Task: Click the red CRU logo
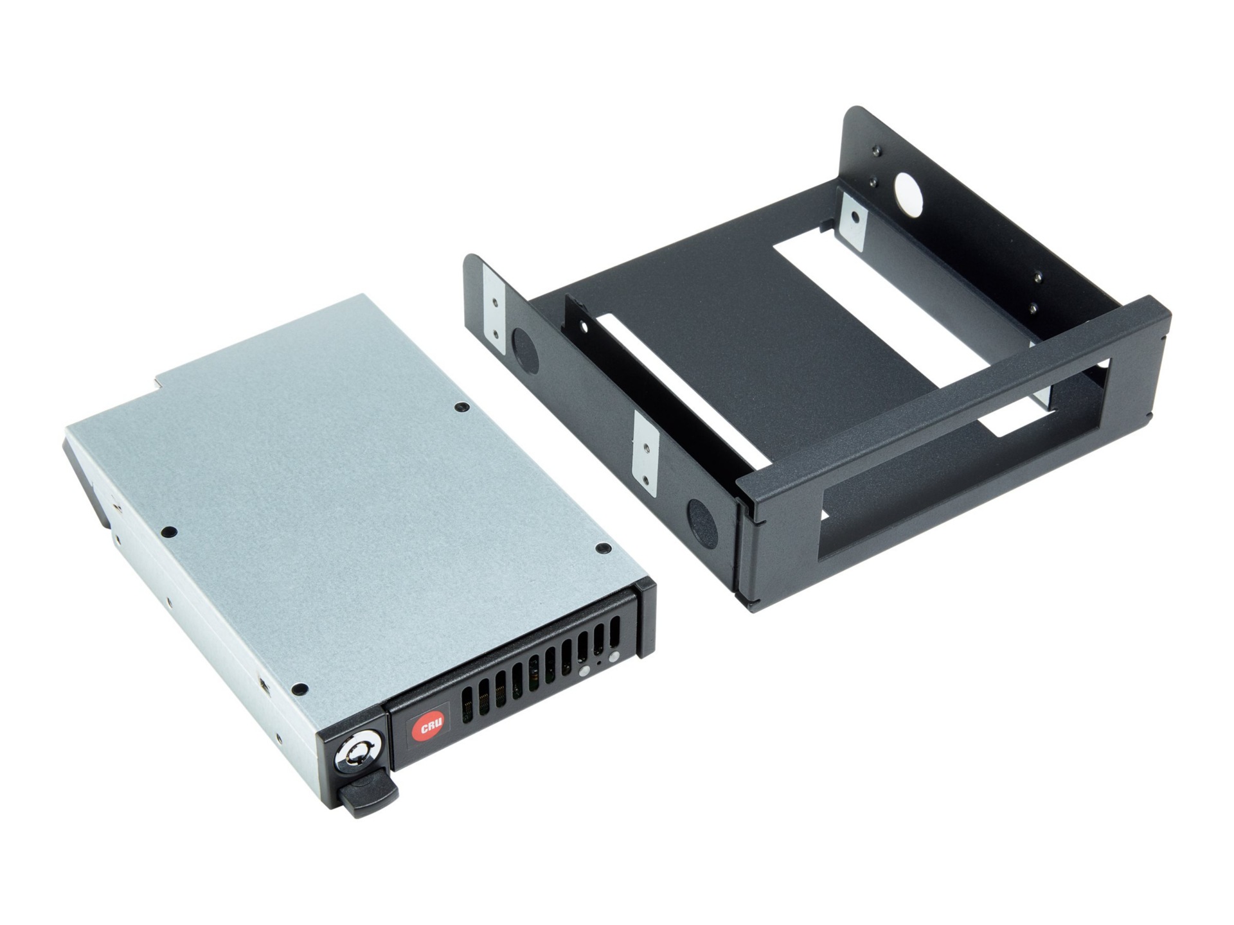pyautogui.click(x=427, y=728)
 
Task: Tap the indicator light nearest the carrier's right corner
pyautogui.click(x=614, y=656)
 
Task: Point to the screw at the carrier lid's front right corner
pyautogui.click(x=602, y=547)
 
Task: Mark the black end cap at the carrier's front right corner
pyautogui.click(x=645, y=617)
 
